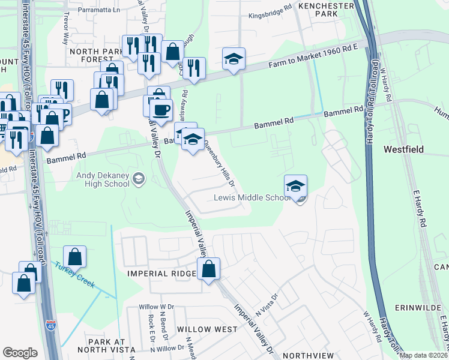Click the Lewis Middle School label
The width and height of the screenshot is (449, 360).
[x=252, y=198]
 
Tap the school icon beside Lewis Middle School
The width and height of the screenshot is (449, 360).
[x=295, y=187]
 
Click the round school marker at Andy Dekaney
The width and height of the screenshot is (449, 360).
[x=139, y=179]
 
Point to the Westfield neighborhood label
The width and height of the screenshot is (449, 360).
[x=403, y=149]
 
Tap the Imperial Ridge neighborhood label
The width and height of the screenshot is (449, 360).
[x=161, y=274]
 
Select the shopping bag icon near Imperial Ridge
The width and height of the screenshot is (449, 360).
[x=209, y=270]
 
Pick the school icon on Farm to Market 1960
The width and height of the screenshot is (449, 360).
[x=234, y=59]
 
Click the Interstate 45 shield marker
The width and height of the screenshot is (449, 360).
[x=50, y=326]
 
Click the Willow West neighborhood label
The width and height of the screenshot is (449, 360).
[x=207, y=329]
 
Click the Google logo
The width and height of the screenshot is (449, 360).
[x=20, y=353]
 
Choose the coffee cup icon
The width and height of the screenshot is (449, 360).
[x=161, y=110]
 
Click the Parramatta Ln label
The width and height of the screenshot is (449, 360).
[x=103, y=10]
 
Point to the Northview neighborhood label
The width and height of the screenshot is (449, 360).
[x=304, y=355]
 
